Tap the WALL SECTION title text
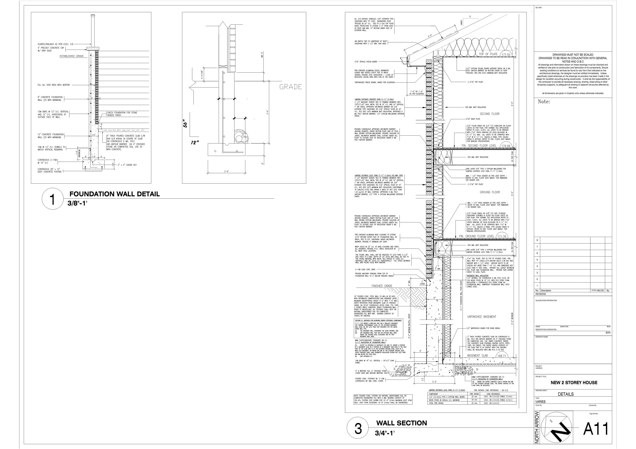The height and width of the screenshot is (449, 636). [401, 423]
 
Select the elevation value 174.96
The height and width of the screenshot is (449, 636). [506, 146]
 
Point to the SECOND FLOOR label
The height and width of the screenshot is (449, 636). [490, 114]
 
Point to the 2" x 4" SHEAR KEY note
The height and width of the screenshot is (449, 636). [127, 165]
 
